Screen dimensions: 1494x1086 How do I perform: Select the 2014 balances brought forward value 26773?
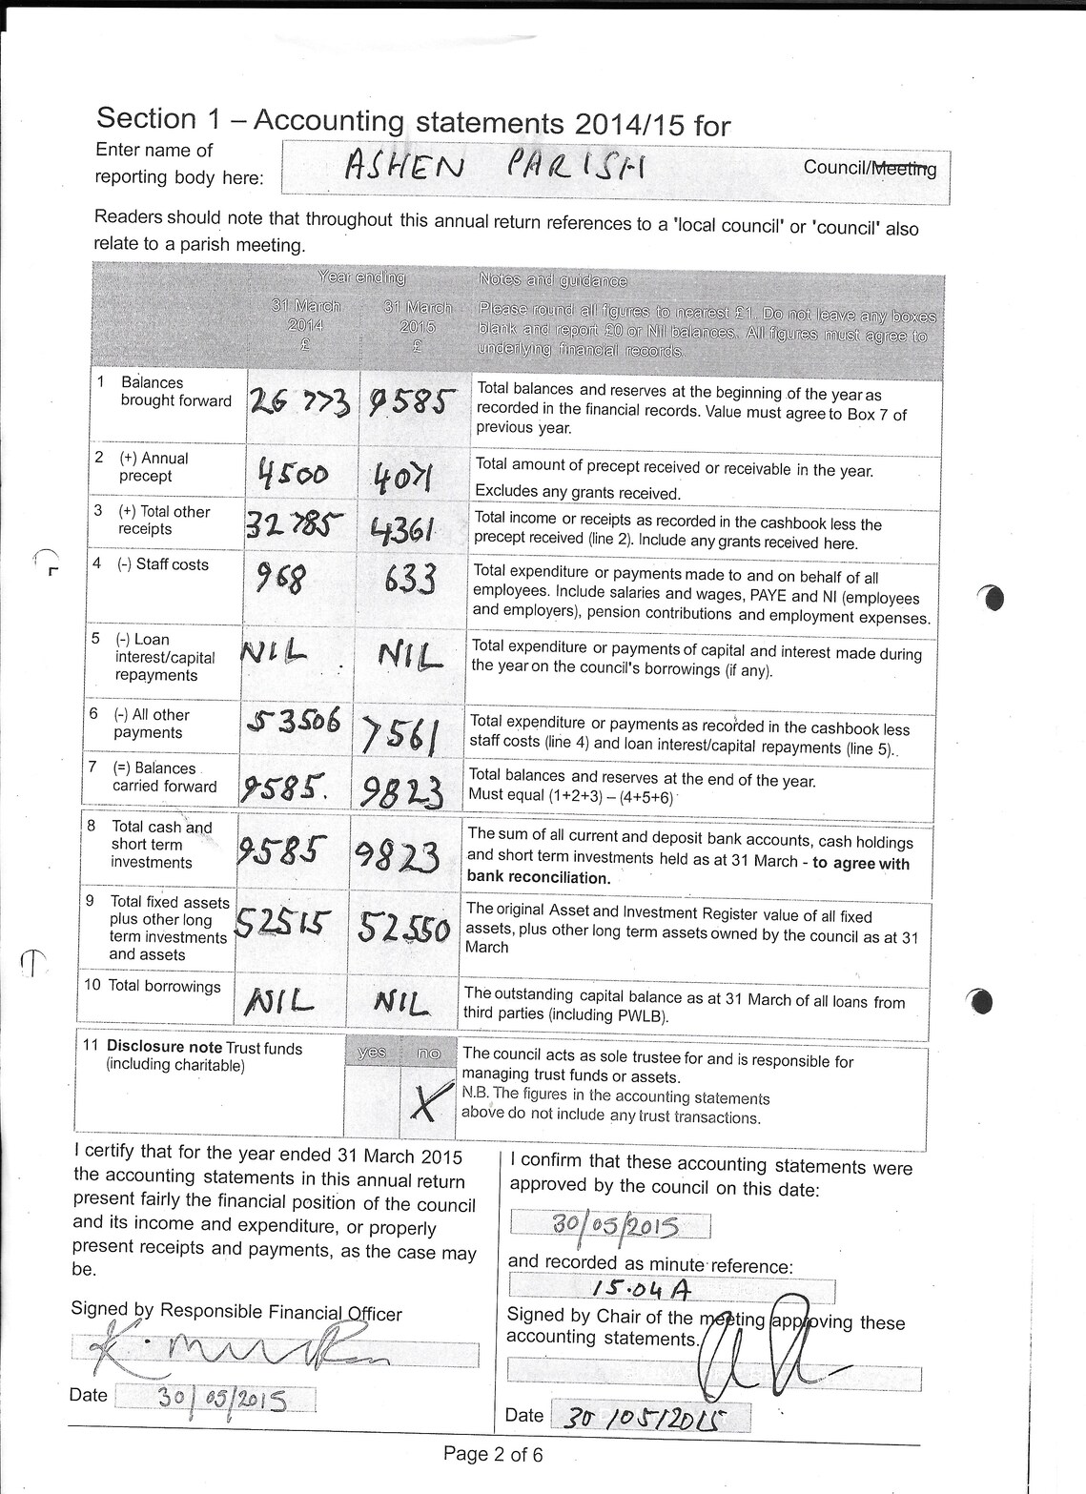[x=299, y=405]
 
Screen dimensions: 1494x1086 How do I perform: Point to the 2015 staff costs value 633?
[x=410, y=579]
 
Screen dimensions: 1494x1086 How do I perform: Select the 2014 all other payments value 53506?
[x=293, y=722]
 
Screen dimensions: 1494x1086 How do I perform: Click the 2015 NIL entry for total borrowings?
[x=401, y=1001]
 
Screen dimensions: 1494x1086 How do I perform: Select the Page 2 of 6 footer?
[x=493, y=1455]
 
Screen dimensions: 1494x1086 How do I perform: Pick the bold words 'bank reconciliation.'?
[x=539, y=878]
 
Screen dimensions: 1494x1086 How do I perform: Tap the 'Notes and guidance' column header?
[x=553, y=280]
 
